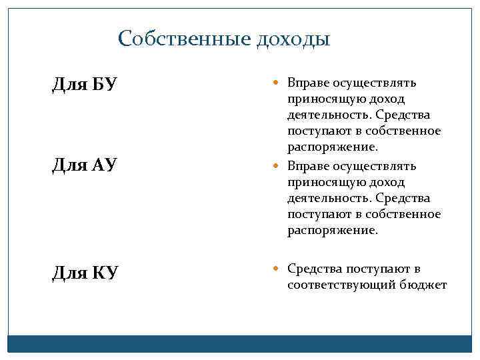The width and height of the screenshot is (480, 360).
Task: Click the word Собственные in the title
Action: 183,39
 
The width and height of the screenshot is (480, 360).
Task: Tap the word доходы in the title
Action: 292,39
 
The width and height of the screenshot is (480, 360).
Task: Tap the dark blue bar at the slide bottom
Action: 239,343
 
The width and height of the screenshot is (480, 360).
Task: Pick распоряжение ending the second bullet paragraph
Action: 332,231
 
